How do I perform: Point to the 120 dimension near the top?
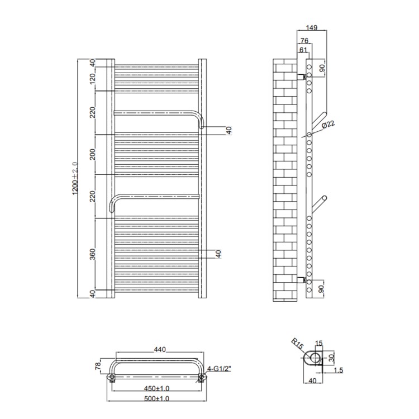92,81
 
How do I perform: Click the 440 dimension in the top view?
160,350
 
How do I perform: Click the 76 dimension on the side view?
304,41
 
